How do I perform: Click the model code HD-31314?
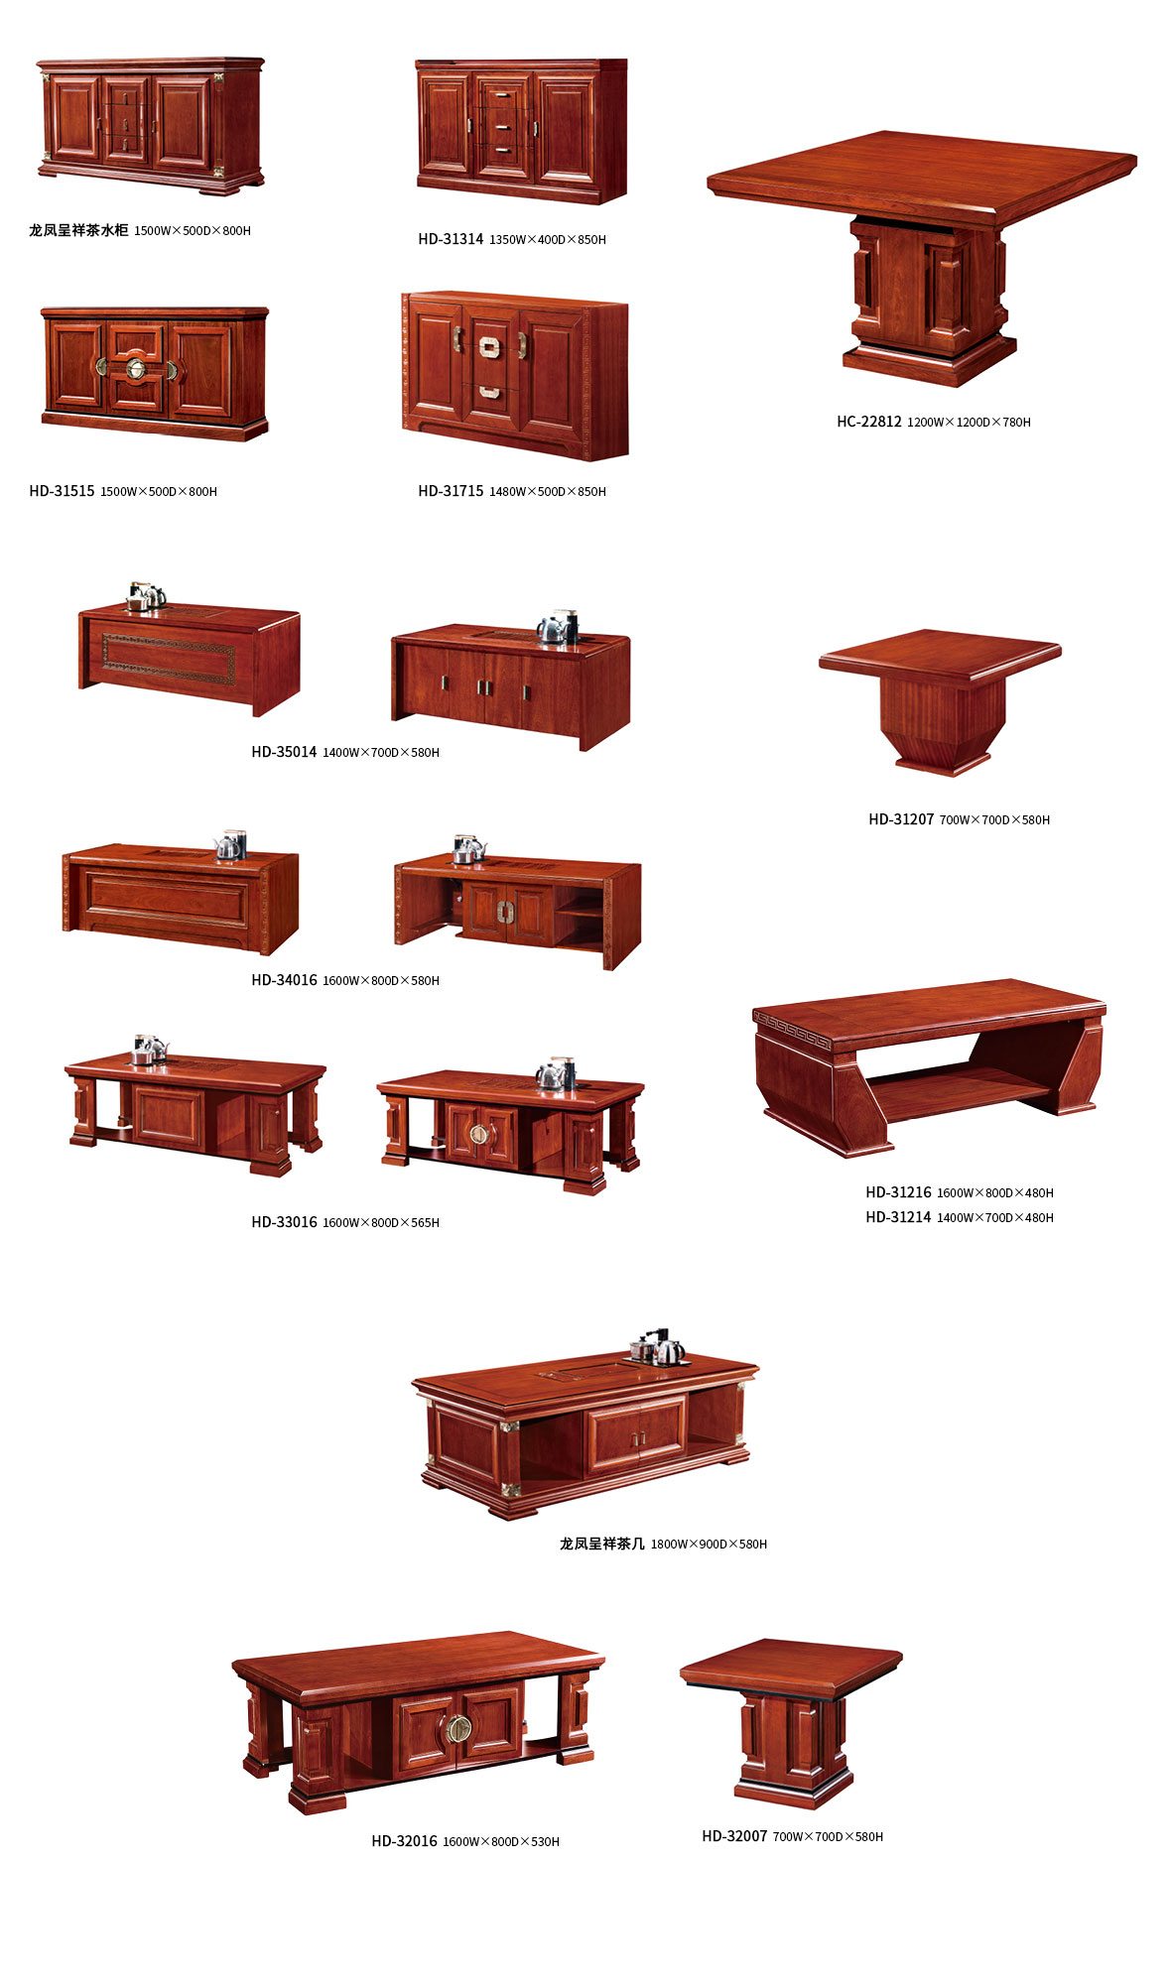pyautogui.click(x=451, y=239)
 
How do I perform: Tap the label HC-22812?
pyautogui.click(x=869, y=422)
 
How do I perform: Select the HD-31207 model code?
pyautogui.click(x=901, y=819)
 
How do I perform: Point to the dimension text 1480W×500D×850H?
pyautogui.click(x=548, y=492)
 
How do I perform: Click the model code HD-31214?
pyautogui.click(x=898, y=1217)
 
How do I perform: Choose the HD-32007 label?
pyautogui.click(x=734, y=1836)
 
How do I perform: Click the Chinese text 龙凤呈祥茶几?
pyautogui.click(x=602, y=1544)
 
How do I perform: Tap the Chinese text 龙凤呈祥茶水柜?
pyautogui.click(x=78, y=230)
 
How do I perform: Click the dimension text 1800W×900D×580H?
pyautogui.click(x=709, y=1545)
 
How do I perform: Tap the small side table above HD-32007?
pyautogui.click(x=791, y=1722)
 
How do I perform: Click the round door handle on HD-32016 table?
pyautogui.click(x=458, y=1729)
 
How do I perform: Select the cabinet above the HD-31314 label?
pyautogui.click(x=521, y=131)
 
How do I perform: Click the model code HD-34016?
pyautogui.click(x=284, y=980)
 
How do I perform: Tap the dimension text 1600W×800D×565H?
pyautogui.click(x=381, y=1223)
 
